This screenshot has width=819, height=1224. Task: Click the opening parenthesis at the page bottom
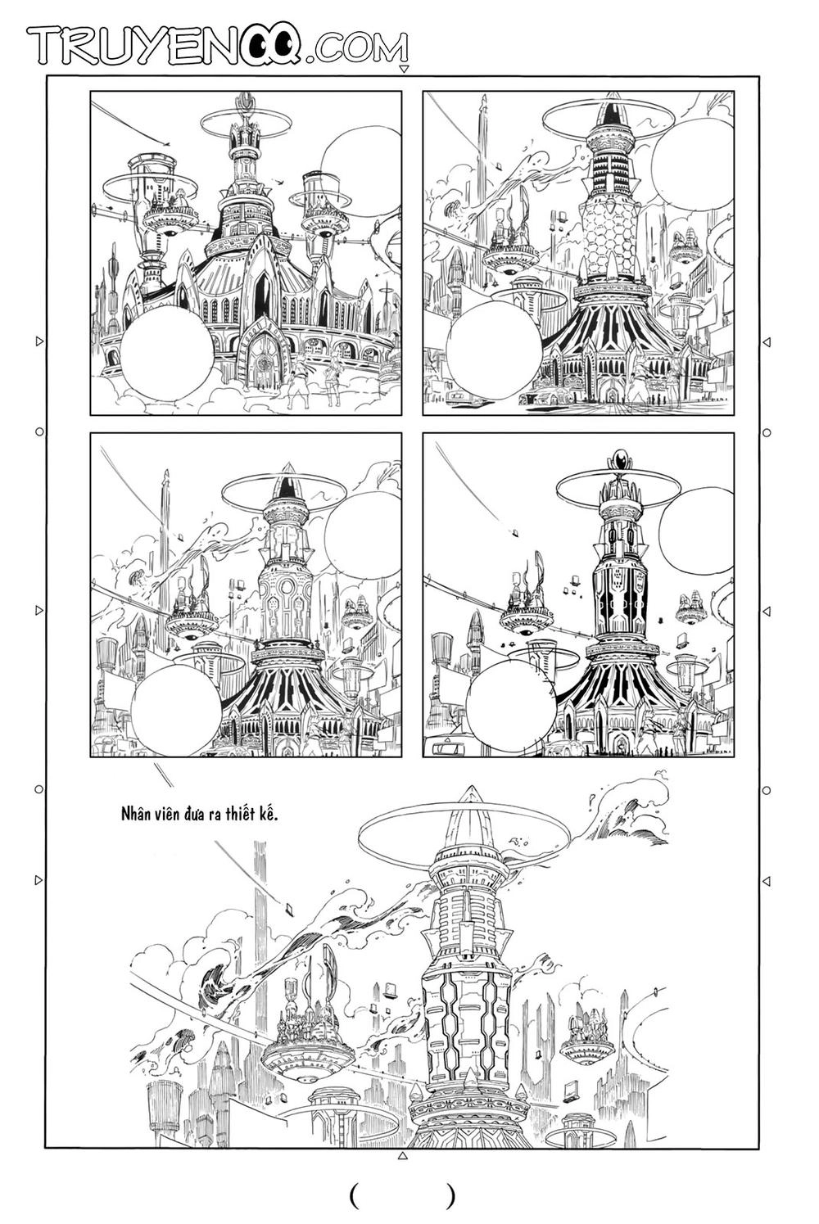[354, 1195]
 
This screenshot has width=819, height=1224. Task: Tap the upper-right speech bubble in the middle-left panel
[361, 532]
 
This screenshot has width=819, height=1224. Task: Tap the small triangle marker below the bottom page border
[401, 1156]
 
